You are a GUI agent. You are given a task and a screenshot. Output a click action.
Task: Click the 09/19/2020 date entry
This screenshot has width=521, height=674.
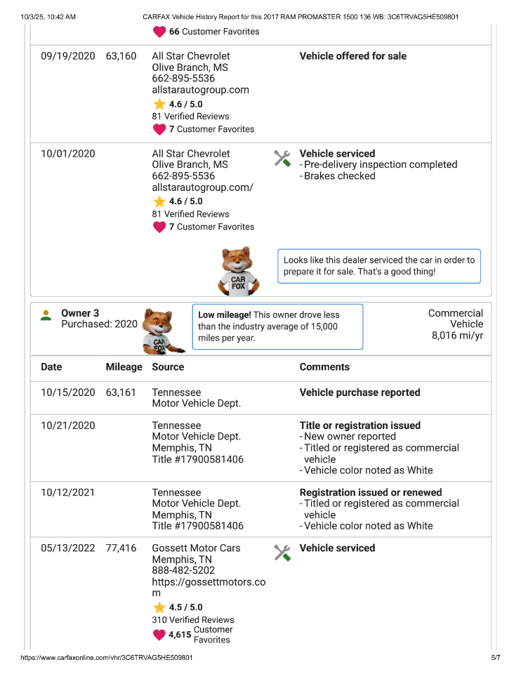68,56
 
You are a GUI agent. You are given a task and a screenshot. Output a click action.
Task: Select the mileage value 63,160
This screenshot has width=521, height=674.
121,56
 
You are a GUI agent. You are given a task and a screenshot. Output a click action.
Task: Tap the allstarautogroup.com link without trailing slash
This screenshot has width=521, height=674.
200,90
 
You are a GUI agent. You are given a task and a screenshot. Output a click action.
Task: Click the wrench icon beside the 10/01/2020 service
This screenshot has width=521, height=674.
282,158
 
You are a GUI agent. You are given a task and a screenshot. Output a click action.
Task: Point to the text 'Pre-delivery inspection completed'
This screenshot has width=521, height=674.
380,165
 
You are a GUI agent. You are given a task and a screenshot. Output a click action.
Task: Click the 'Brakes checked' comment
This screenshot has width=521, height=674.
339,176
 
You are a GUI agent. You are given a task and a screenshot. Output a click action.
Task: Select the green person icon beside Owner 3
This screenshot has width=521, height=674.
46,315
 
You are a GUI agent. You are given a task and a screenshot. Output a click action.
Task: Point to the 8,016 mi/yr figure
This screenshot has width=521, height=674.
457,336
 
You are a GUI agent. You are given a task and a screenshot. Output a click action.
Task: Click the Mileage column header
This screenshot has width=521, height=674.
124,367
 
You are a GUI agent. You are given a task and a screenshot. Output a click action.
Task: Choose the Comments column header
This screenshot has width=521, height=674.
324,367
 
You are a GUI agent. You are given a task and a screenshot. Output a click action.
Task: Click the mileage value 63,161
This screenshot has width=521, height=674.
121,393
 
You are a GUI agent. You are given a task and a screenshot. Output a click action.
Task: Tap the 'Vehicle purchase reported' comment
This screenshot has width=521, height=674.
360,393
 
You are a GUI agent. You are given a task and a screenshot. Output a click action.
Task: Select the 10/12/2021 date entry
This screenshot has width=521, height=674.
68,493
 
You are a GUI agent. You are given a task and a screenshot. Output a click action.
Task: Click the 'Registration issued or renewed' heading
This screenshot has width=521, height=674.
371,493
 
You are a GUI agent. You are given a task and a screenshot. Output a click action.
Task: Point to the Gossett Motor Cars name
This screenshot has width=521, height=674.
196,548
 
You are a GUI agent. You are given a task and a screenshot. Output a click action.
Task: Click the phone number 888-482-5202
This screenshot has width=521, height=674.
183,571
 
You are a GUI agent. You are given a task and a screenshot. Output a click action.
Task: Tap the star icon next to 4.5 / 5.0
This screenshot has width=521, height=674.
159,608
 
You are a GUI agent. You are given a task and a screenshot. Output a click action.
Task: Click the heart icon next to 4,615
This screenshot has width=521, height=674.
159,635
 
